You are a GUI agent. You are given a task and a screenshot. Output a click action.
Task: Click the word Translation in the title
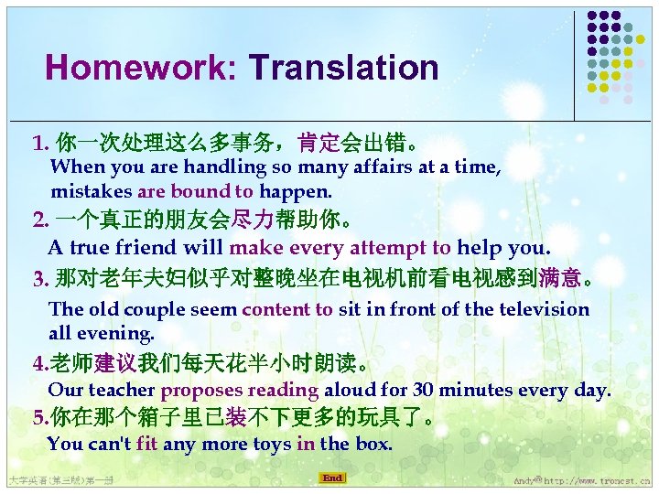[344, 68]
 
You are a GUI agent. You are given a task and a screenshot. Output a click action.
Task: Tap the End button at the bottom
[332, 478]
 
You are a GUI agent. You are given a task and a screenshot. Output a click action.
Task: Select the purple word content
[277, 309]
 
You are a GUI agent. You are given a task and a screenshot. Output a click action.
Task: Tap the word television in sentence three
[541, 309]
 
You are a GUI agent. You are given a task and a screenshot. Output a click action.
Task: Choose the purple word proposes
[199, 391]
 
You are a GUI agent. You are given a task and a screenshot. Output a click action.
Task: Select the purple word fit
[146, 445]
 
